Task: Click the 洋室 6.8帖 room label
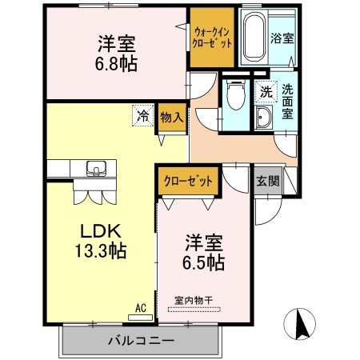click(x=117, y=54)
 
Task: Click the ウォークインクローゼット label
click(x=212, y=37)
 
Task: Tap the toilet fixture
click(x=234, y=97)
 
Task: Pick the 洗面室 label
click(x=286, y=102)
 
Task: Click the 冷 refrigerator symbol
click(x=142, y=115)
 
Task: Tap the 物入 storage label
click(x=171, y=116)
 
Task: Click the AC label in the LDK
click(x=140, y=306)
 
